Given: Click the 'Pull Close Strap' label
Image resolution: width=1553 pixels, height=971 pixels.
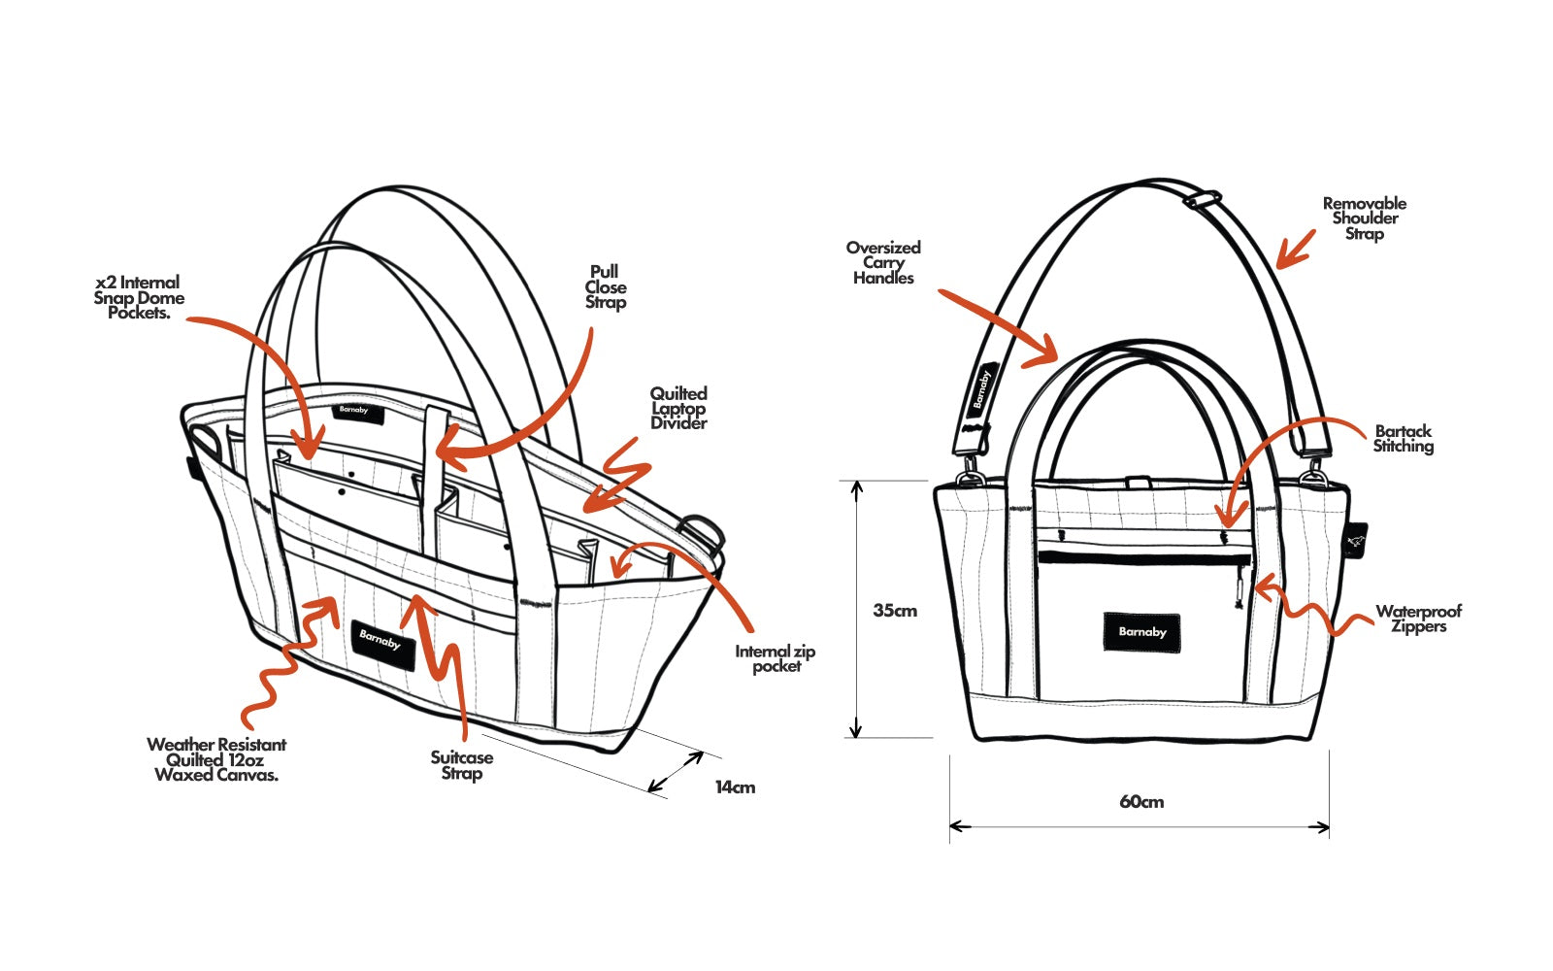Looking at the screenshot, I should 605,287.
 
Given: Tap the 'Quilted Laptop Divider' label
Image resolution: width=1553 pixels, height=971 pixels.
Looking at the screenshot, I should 678,408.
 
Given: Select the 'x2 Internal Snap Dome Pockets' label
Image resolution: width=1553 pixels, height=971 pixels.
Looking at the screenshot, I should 138,298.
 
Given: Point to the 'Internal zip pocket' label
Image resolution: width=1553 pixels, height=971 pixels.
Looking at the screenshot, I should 775,658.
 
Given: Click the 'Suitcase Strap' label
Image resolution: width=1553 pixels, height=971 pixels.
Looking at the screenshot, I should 462,765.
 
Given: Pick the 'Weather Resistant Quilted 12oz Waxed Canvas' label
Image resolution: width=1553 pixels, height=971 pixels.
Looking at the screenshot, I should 216,759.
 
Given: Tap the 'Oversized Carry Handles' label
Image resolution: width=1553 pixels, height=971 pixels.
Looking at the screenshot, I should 883,262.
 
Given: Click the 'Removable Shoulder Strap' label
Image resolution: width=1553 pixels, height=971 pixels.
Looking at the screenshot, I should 1364,218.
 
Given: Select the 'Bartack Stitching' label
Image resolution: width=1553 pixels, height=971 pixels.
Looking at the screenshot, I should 1403,439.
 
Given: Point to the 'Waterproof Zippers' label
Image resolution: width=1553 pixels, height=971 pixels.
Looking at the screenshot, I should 1418,619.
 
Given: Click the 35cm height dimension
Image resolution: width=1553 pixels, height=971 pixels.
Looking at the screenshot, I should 894,611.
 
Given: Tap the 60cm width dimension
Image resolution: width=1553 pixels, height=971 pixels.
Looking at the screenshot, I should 1140,802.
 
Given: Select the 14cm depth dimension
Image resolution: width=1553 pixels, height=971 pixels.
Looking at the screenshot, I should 735,787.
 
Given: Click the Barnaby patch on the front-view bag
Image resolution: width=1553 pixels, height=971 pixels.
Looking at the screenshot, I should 1141,632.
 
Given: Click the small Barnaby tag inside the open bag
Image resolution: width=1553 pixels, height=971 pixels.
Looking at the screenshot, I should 353,412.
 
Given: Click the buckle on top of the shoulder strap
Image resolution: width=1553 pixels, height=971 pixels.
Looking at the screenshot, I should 1202,200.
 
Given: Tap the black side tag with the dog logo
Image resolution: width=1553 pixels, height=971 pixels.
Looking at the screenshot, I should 1357,541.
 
